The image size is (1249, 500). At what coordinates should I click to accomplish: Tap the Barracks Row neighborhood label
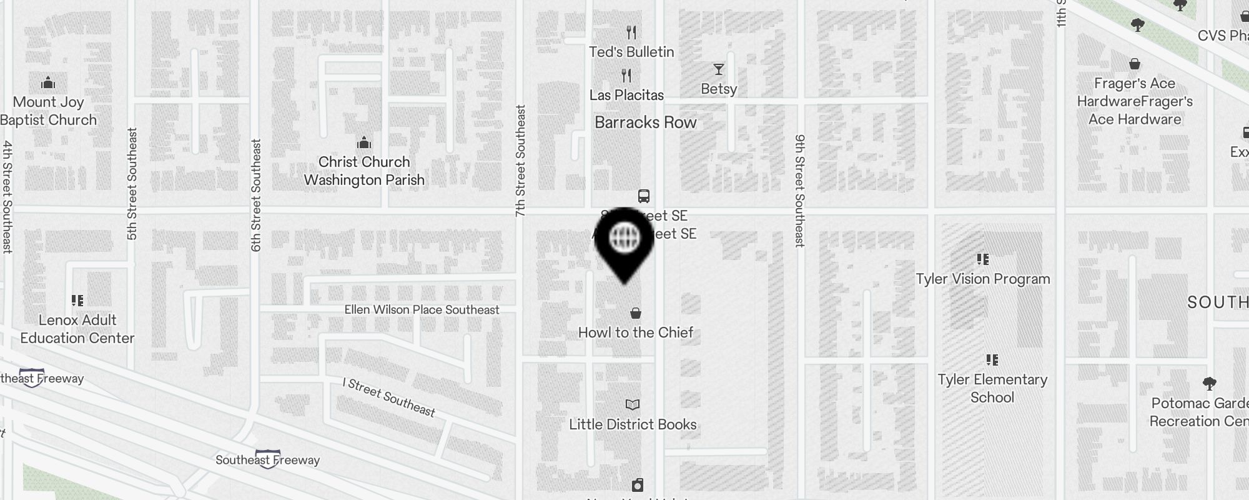645,122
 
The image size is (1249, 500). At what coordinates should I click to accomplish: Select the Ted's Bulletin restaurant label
631,52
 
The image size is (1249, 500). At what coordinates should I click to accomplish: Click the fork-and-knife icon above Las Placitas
626,76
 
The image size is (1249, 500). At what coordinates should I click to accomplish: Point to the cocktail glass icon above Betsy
719,69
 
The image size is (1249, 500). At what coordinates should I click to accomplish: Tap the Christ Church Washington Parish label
364,171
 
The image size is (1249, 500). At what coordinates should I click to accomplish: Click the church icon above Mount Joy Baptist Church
48,82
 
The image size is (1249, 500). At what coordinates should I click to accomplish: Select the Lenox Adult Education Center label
77,329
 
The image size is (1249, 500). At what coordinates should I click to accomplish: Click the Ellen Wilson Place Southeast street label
422,310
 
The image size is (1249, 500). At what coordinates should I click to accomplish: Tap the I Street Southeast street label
389,397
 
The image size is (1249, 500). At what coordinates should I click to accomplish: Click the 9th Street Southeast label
800,191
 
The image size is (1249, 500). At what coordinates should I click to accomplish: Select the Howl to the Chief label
636,332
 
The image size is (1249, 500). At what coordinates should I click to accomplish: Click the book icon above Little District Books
633,405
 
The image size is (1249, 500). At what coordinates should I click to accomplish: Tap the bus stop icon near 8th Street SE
644,196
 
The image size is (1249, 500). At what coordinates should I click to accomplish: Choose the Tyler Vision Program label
983,279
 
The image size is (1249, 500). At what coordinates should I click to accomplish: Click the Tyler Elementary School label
992,388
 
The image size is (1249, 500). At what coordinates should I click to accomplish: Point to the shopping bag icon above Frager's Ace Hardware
1135,64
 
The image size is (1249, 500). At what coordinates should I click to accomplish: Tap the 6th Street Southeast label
256,195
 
